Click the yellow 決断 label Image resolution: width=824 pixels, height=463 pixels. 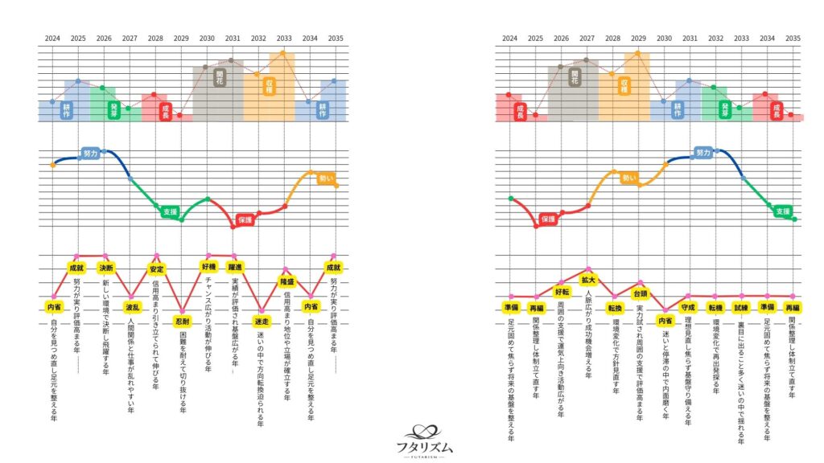tap(105, 267)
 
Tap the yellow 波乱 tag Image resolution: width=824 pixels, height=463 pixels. tap(131, 305)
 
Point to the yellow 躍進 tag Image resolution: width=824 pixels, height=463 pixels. tap(235, 267)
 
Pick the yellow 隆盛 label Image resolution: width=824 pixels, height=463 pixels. tap(286, 282)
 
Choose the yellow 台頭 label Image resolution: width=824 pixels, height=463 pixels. tap(640, 293)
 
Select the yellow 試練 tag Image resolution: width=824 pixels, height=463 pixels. tap(741, 307)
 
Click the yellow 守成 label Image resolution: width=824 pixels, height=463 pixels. tap(688, 307)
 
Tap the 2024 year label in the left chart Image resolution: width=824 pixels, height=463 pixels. tap(52, 38)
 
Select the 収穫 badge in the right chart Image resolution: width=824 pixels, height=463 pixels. tap(624, 85)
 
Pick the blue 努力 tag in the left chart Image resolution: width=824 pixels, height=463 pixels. tap(90, 152)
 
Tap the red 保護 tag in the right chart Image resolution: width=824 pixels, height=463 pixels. tap(549, 219)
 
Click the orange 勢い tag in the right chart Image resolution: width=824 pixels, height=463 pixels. tap(628, 178)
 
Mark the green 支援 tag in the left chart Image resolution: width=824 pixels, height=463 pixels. tap(169, 211)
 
